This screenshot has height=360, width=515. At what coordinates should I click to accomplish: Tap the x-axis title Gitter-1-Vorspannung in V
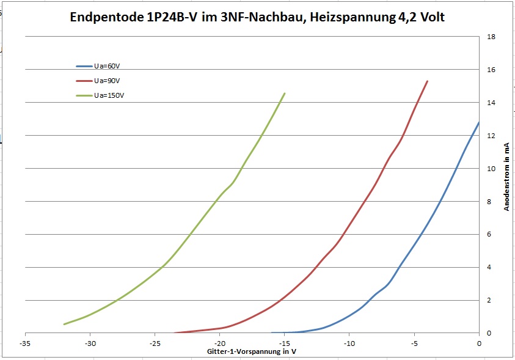(x=252, y=352)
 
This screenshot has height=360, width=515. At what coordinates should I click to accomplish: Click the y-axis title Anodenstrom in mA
(x=506, y=177)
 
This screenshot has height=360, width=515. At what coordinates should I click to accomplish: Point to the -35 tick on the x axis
(x=26, y=343)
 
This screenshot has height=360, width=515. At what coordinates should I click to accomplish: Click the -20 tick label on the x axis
(x=220, y=343)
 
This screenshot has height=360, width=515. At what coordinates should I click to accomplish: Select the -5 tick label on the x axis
(x=414, y=343)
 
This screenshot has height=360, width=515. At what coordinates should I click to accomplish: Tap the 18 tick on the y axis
(x=491, y=37)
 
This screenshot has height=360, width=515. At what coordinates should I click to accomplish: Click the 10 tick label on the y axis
(x=491, y=168)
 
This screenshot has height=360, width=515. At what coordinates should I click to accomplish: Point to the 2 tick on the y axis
(x=489, y=300)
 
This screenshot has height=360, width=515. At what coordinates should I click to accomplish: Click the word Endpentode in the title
(x=106, y=18)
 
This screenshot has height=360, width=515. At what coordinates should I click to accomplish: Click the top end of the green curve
(x=285, y=94)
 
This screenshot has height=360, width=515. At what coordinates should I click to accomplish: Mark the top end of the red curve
(x=428, y=81)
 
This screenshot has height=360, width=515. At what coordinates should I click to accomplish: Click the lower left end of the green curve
(x=64, y=324)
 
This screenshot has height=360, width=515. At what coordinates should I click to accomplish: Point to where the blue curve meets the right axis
(x=479, y=122)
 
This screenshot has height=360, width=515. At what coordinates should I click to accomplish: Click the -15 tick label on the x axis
(x=285, y=343)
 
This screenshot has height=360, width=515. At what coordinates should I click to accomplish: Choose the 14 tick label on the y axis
(x=491, y=103)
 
